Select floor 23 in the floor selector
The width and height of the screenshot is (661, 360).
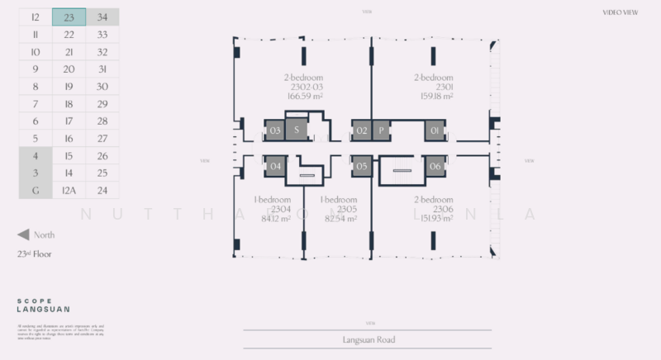click(69, 17)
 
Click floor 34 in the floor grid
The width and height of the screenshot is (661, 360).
click(102, 17)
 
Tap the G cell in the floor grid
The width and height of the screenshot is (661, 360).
click(35, 190)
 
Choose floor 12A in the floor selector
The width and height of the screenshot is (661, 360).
click(69, 190)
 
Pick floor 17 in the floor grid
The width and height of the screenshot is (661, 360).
click(69, 121)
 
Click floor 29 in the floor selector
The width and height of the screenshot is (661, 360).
click(102, 103)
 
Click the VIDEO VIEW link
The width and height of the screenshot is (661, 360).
click(622, 12)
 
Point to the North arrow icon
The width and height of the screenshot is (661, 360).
click(23, 234)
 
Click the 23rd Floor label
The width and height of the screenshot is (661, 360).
click(35, 254)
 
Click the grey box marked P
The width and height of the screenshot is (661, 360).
click(381, 130)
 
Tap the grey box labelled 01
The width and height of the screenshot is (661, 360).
click(435, 130)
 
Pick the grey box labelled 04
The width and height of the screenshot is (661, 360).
click(275, 167)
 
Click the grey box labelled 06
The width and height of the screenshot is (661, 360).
click(435, 167)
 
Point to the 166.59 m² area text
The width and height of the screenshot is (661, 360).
click(305, 96)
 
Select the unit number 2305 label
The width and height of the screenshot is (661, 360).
click(340, 209)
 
